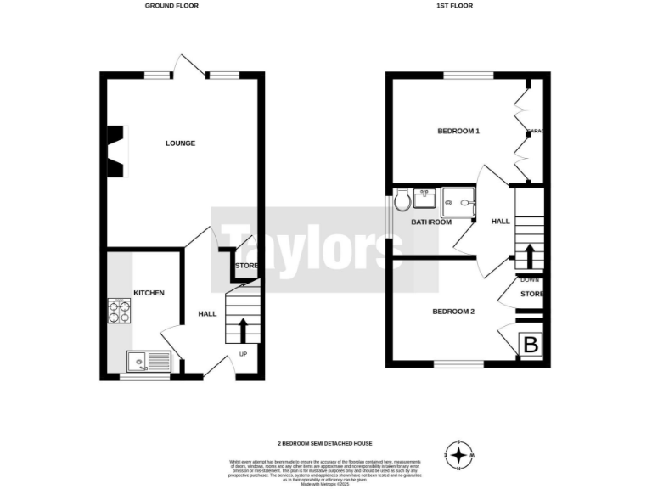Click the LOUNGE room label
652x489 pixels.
[x=180, y=143]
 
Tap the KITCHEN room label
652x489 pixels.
[x=148, y=293]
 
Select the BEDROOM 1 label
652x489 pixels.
[x=458, y=132]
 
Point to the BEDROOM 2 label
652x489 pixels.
[x=453, y=312]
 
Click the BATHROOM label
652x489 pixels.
[x=431, y=222]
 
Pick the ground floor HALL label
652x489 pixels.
[x=207, y=314]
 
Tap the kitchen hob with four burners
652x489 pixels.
[x=119, y=312]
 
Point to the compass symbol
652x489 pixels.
[x=459, y=456]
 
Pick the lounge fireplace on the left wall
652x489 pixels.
[x=115, y=152]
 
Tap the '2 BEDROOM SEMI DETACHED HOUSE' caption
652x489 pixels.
[x=325, y=443]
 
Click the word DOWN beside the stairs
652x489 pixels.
[x=529, y=279]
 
